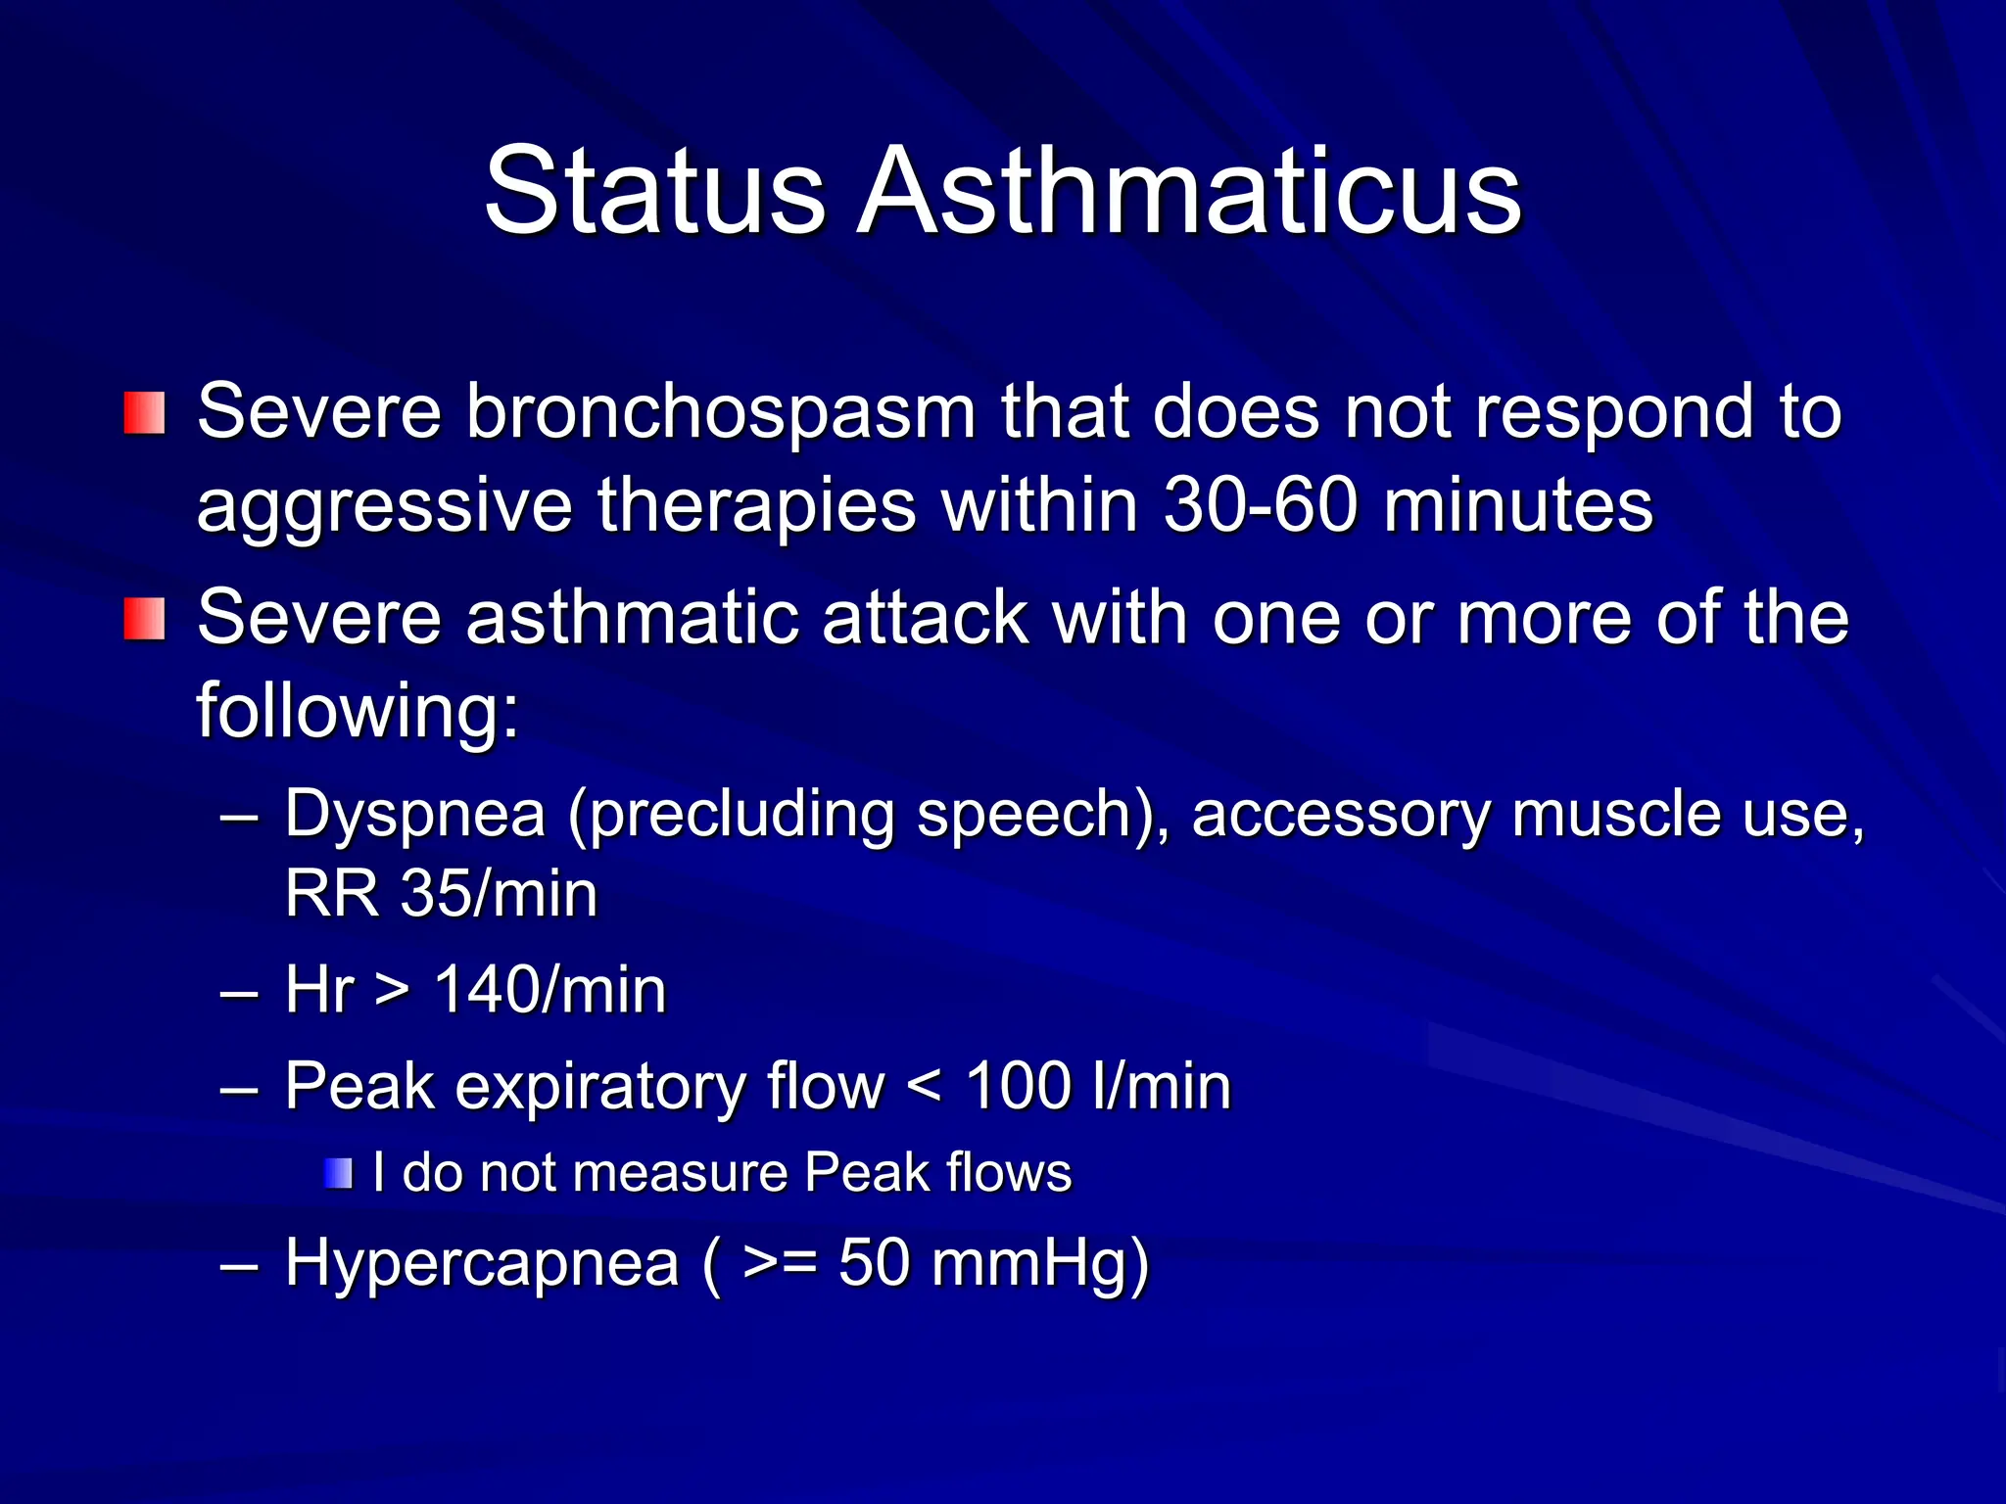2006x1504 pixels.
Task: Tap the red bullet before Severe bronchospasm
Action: coord(144,413)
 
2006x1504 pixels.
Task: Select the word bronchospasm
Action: coord(720,411)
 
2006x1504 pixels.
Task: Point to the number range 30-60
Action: coord(1261,505)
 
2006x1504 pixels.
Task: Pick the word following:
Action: coord(358,709)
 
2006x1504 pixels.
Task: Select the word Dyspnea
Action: coord(414,815)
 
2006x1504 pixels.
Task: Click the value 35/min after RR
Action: coord(499,893)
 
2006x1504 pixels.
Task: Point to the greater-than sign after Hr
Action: coord(392,991)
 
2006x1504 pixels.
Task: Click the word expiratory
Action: coord(599,1087)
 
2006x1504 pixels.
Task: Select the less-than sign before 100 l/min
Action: coord(924,1087)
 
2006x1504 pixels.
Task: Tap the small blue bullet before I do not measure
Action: coord(338,1173)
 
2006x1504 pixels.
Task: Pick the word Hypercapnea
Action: coord(481,1263)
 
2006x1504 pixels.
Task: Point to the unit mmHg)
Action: coord(1039,1263)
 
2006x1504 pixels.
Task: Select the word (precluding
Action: coord(731,815)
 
